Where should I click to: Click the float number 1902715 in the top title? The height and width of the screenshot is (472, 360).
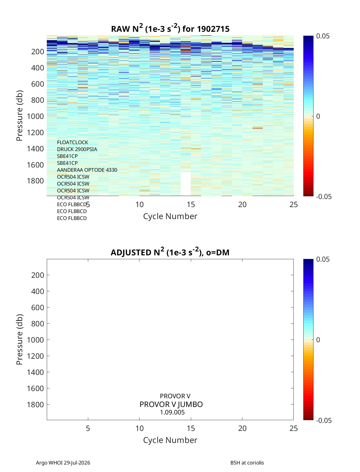pyautogui.click(x=213, y=29)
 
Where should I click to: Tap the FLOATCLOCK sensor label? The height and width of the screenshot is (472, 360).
pyautogui.click(x=72, y=142)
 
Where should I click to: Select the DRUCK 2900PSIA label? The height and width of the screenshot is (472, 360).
pyautogui.click(x=77, y=149)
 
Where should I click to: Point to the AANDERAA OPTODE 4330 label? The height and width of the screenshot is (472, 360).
pyautogui.click(x=87, y=170)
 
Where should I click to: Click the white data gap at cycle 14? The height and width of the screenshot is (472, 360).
pyautogui.click(x=185, y=184)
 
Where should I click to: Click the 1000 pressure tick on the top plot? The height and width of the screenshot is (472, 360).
pyautogui.click(x=35, y=116)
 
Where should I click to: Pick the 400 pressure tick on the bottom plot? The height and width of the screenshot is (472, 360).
pyautogui.click(x=37, y=291)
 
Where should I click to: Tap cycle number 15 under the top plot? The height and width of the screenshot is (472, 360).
pyautogui.click(x=191, y=204)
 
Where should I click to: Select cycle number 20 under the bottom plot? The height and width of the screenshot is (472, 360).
pyautogui.click(x=242, y=428)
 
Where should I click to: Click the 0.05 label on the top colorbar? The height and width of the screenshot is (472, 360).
pyautogui.click(x=323, y=36)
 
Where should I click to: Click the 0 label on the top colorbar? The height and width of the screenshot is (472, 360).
pyautogui.click(x=318, y=116)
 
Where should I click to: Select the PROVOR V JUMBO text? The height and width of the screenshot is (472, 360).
pyautogui.click(x=171, y=404)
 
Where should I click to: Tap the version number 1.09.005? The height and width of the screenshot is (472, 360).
pyautogui.click(x=172, y=412)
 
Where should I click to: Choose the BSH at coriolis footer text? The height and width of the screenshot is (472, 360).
pyautogui.click(x=247, y=463)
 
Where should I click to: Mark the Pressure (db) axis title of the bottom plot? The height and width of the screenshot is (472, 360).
pyautogui.click(x=19, y=340)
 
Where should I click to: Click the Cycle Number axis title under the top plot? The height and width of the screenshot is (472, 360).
pyautogui.click(x=170, y=216)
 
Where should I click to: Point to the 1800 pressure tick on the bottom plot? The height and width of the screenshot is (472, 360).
pyautogui.click(x=35, y=405)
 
